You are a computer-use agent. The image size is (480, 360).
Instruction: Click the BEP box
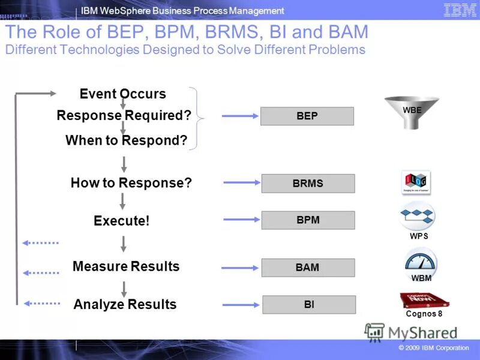(x=307, y=116)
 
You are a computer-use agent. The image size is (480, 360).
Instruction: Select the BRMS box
(x=308, y=184)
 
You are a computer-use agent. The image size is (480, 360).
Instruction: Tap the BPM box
(x=308, y=220)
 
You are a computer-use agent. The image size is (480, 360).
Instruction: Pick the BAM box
(x=308, y=268)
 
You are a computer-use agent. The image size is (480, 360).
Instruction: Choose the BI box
(x=309, y=305)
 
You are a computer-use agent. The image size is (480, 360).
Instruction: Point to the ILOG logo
(x=416, y=182)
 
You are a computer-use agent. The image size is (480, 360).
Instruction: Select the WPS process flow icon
(x=418, y=217)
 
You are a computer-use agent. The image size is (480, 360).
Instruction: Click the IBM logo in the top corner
(x=460, y=10)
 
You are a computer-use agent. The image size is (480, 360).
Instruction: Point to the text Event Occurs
(x=122, y=94)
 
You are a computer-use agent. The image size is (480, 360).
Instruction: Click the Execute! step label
(x=121, y=221)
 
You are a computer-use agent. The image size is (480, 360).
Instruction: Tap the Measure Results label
(x=126, y=266)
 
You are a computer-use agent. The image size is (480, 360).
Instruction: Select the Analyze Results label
(x=125, y=304)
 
